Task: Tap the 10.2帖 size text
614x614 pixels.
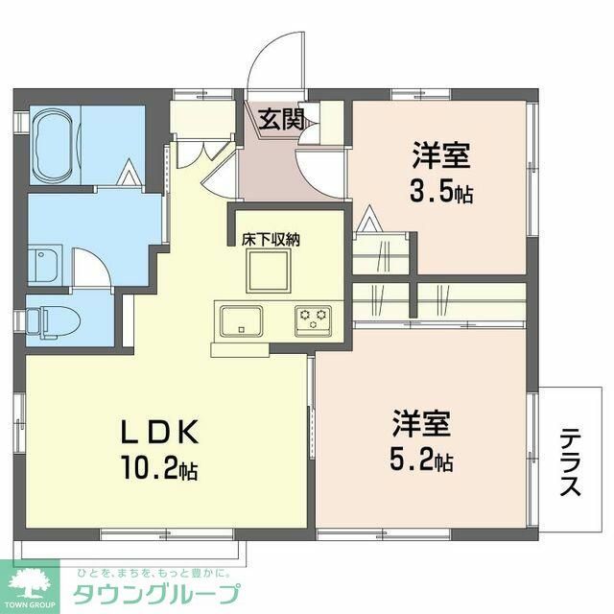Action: coord(159,471)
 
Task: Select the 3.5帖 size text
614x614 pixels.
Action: coord(440,193)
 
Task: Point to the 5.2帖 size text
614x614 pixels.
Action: coord(420,461)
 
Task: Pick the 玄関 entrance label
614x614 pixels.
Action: coord(280,120)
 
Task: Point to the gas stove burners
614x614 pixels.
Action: coord(313,318)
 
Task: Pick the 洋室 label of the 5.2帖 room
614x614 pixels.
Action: coord(421,422)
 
